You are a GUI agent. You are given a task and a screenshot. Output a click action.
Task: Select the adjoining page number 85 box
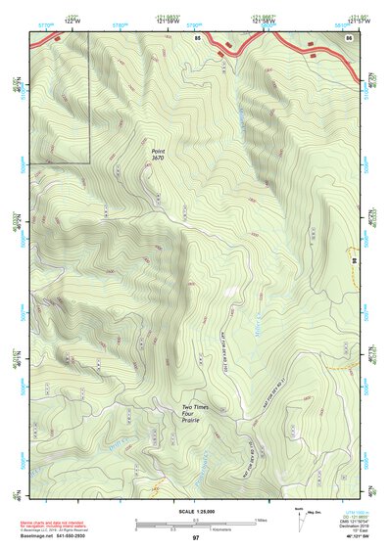[x=197, y=37]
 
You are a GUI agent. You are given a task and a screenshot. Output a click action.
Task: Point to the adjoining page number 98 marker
[x=353, y=260]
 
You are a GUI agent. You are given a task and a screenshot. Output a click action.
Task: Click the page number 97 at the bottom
[x=196, y=538]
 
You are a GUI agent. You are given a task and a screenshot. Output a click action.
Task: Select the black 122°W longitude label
[x=72, y=22]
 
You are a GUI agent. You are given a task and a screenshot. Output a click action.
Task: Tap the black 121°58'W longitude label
[x=263, y=22]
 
